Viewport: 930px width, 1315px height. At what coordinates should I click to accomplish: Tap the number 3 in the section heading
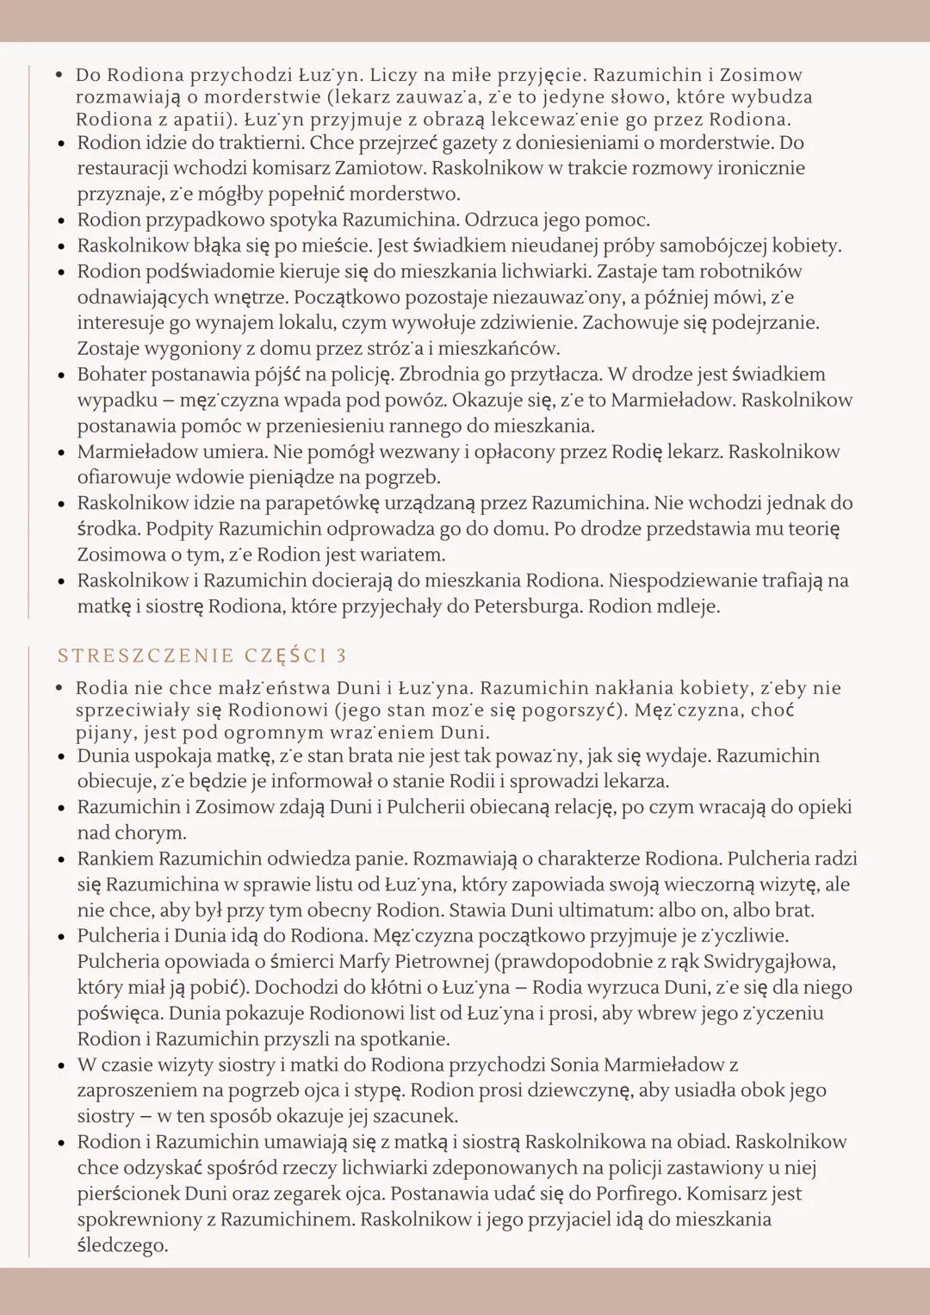click(341, 656)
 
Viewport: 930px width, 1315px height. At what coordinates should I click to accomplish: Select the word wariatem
click(405, 555)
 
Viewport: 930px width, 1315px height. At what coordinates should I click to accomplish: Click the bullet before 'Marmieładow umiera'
click(61, 452)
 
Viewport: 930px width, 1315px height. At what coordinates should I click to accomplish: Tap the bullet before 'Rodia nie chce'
click(59, 688)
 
